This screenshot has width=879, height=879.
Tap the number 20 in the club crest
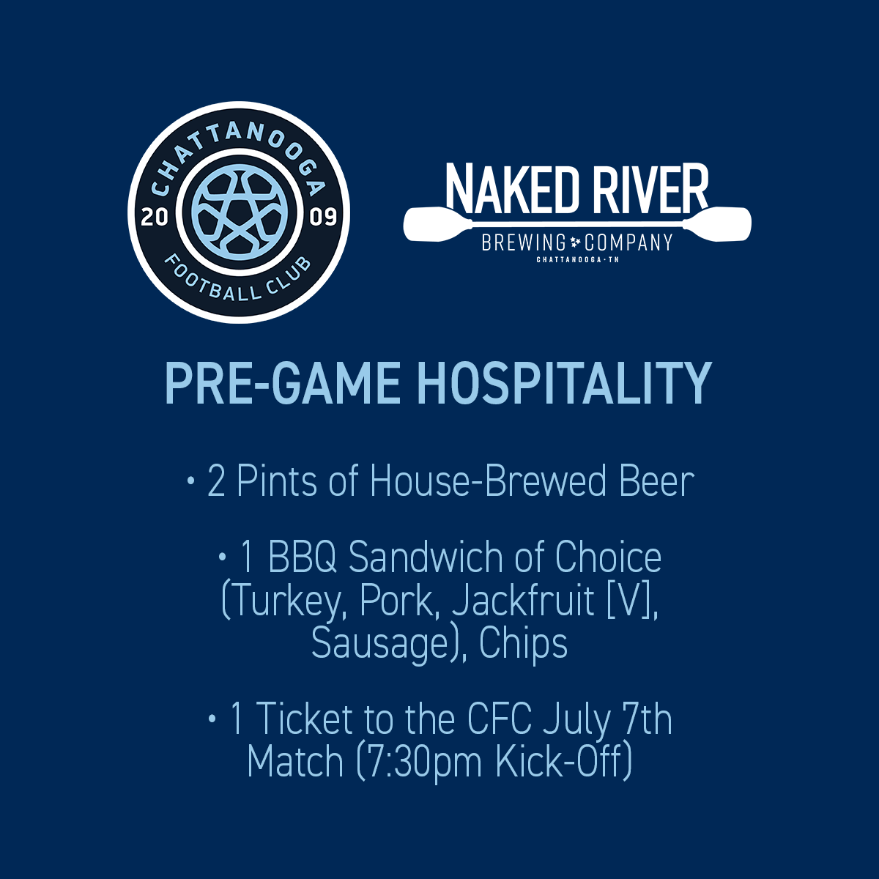pyautogui.click(x=155, y=218)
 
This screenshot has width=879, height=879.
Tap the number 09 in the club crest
pyautogui.click(x=324, y=218)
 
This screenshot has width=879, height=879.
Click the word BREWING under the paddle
pyautogui.click(x=524, y=242)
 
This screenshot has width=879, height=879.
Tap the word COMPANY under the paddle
pyautogui.click(x=628, y=242)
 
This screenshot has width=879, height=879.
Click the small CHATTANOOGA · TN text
pyautogui.click(x=577, y=260)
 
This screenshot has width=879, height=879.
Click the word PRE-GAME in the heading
pyautogui.click(x=282, y=383)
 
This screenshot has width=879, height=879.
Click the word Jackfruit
pyautogui.click(x=523, y=601)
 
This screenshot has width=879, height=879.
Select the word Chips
pyautogui.click(x=523, y=645)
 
